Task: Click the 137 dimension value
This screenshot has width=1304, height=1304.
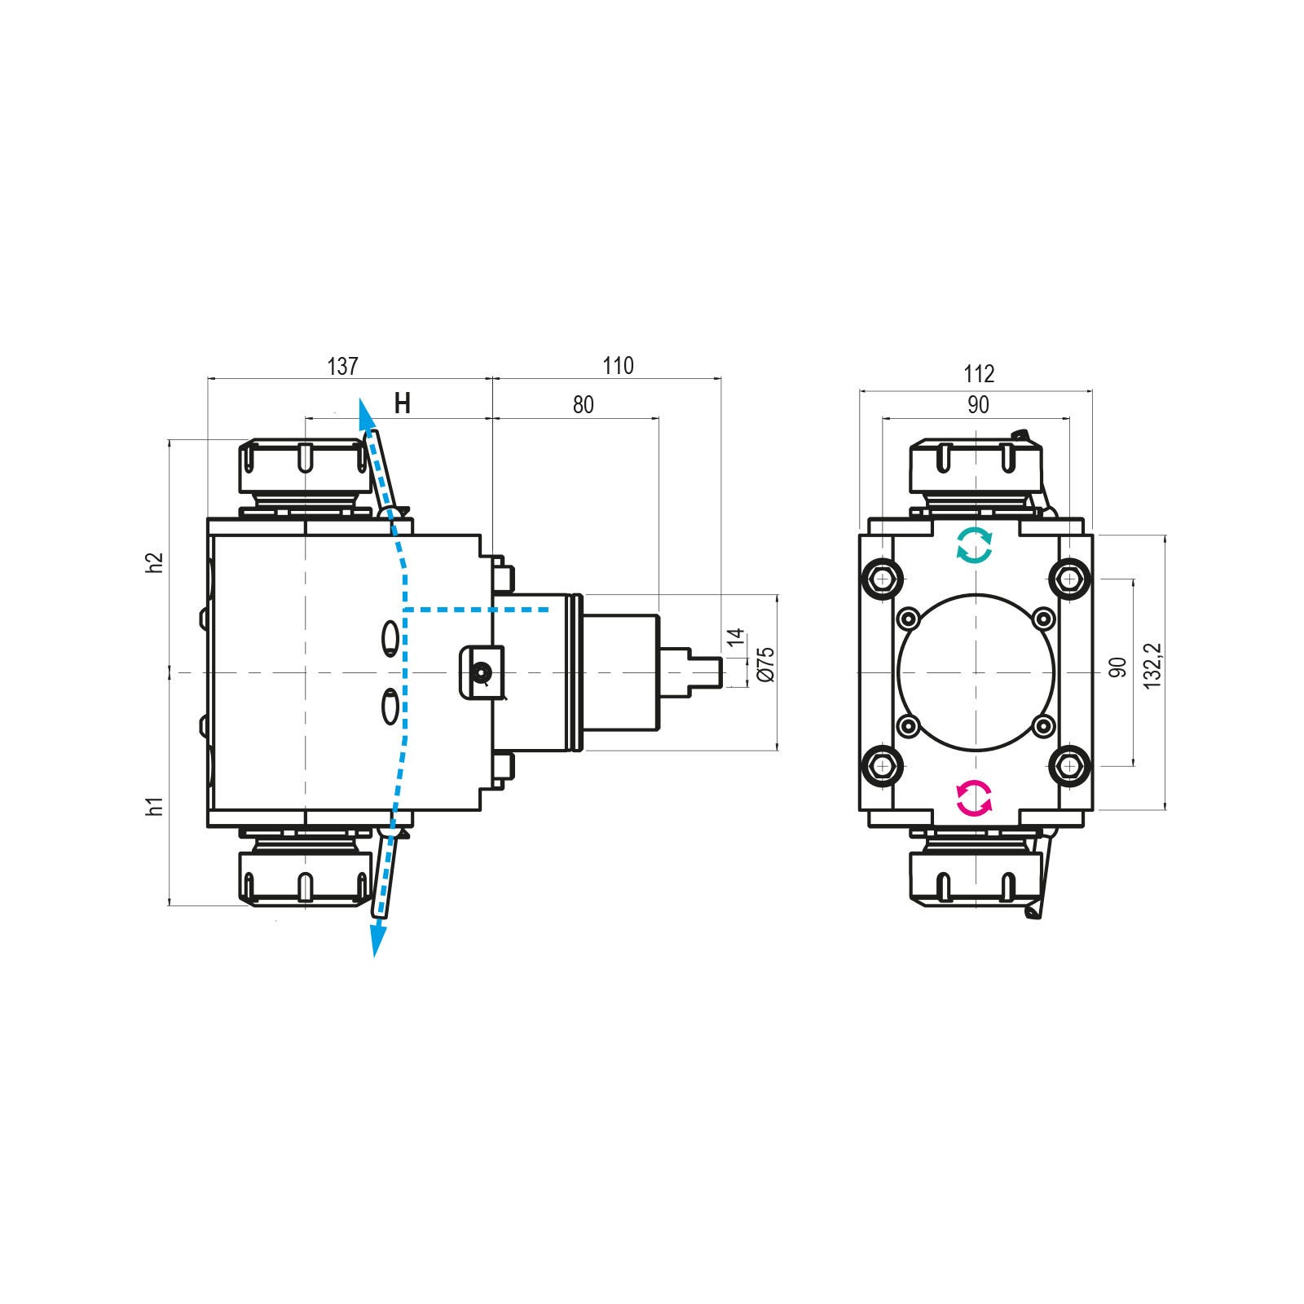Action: pyautogui.click(x=342, y=367)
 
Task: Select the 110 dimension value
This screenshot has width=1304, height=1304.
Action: pyautogui.click(x=618, y=367)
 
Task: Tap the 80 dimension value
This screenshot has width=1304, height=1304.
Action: pyautogui.click(x=584, y=404)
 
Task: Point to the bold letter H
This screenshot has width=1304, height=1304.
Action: pyautogui.click(x=402, y=403)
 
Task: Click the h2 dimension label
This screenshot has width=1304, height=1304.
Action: pyautogui.click(x=156, y=562)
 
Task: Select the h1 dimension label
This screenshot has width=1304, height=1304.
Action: pyautogui.click(x=156, y=807)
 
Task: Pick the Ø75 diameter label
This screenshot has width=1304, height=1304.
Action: pyautogui.click(x=765, y=664)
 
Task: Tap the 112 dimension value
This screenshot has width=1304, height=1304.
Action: pyautogui.click(x=979, y=374)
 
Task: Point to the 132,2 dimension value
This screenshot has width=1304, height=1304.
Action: pyautogui.click(x=1152, y=666)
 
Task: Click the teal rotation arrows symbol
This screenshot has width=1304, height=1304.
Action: pyautogui.click(x=975, y=545)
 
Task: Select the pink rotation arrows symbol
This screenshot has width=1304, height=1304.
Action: pyautogui.click(x=975, y=798)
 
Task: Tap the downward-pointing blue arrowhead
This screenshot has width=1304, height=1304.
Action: pyautogui.click(x=377, y=938)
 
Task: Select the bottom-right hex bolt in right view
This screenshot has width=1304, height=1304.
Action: pyautogui.click(x=1068, y=765)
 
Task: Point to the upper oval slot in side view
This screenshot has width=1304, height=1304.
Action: pyautogui.click(x=391, y=637)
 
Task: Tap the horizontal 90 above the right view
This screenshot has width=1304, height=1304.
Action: pyautogui.click(x=977, y=405)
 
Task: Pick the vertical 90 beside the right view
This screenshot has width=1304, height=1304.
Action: pyautogui.click(x=1119, y=667)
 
